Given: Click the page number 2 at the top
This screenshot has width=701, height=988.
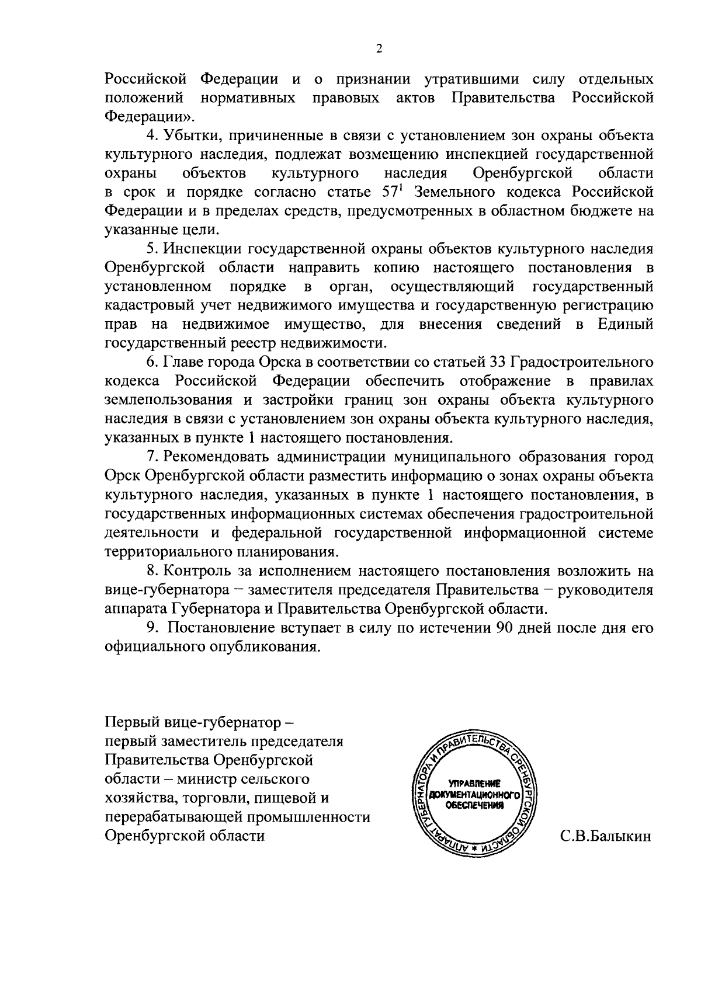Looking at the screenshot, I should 379,50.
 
